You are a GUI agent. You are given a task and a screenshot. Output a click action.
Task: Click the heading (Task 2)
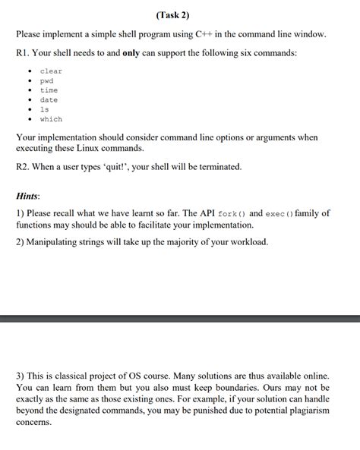click(181, 14)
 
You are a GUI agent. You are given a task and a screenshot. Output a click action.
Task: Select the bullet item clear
click(51, 71)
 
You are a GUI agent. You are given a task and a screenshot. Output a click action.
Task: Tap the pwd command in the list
click(47, 80)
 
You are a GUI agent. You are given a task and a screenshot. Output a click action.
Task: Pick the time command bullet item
click(49, 90)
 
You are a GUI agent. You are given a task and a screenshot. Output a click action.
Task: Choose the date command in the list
click(49, 100)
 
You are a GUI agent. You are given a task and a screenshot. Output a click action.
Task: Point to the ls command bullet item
click(44, 109)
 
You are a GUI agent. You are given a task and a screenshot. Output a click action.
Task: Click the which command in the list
click(51, 119)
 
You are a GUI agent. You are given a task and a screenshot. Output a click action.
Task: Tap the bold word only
click(133, 53)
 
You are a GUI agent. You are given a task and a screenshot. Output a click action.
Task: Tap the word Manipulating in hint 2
click(60, 242)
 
